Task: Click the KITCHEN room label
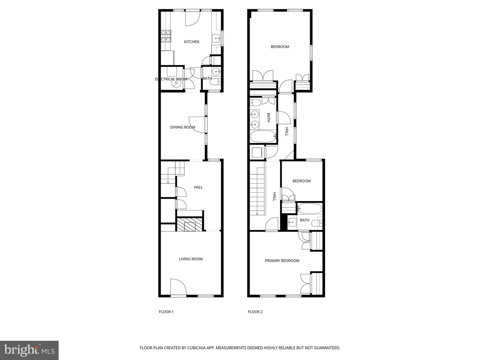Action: pyautogui.click(x=192, y=42)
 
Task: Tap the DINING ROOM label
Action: pyautogui.click(x=183, y=127)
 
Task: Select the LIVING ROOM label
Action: pyautogui.click(x=191, y=259)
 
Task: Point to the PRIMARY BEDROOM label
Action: pyautogui.click(x=282, y=261)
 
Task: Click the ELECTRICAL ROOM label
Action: pyautogui.click(x=171, y=79)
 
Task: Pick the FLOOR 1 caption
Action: pyautogui.click(x=166, y=312)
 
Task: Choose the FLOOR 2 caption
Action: pyautogui.click(x=255, y=312)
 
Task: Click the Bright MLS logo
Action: pyautogui.click(x=29, y=350)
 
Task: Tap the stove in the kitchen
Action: pyautogui.click(x=166, y=37)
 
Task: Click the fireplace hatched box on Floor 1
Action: pyautogui.click(x=189, y=224)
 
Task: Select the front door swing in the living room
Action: pyautogui.click(x=178, y=287)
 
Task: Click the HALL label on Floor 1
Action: pyautogui.click(x=198, y=187)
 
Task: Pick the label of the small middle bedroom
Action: pyautogui.click(x=301, y=181)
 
